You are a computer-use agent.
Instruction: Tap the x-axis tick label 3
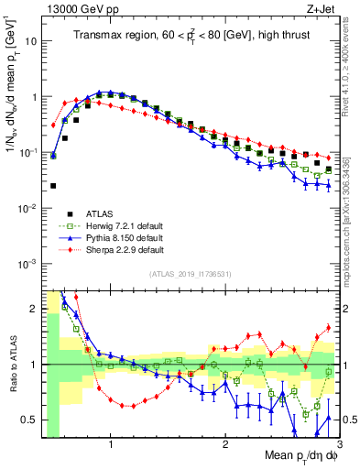(338, 448)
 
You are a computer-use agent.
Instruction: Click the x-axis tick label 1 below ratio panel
(111, 448)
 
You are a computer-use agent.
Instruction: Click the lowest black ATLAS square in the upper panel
(53, 186)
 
